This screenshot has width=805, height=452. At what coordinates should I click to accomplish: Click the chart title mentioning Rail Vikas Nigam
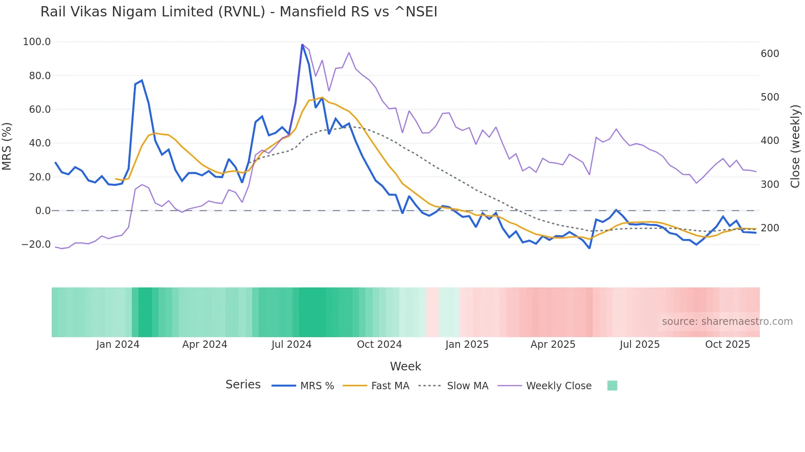point(239,12)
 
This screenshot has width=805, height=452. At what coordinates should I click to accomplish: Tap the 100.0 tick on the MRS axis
point(37,42)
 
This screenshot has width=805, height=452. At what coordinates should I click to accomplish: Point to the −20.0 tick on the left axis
point(36,244)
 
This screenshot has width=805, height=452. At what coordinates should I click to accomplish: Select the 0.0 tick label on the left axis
point(43,211)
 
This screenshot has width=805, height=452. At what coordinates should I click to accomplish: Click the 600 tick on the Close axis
point(770,54)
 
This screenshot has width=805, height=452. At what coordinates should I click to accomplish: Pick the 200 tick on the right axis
point(770,228)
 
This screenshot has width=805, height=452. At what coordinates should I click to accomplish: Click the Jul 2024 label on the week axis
point(291,345)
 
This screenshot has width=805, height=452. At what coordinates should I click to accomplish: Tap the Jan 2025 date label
point(467,345)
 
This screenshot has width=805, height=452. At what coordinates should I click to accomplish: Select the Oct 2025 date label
point(727,345)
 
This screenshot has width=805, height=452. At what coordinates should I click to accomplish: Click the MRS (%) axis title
point(7,146)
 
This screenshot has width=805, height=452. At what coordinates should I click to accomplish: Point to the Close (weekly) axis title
point(796,146)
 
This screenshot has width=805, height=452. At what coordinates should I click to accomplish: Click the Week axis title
point(405,366)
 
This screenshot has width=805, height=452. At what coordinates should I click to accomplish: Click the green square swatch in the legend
point(612,386)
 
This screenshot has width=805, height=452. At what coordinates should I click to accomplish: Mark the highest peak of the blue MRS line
point(302,45)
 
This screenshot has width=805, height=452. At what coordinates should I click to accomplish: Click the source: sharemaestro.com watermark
point(727,322)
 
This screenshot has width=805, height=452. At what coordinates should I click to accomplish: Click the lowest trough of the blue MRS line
point(589,248)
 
